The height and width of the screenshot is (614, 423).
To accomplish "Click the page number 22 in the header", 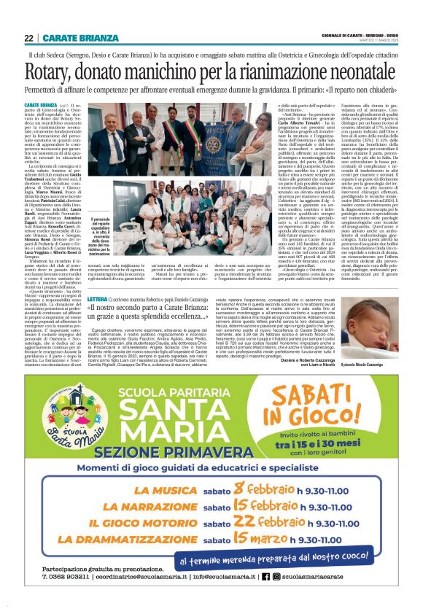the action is (x=28, y=38).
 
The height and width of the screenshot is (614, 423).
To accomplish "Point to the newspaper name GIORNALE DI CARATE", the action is (x=347, y=34).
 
